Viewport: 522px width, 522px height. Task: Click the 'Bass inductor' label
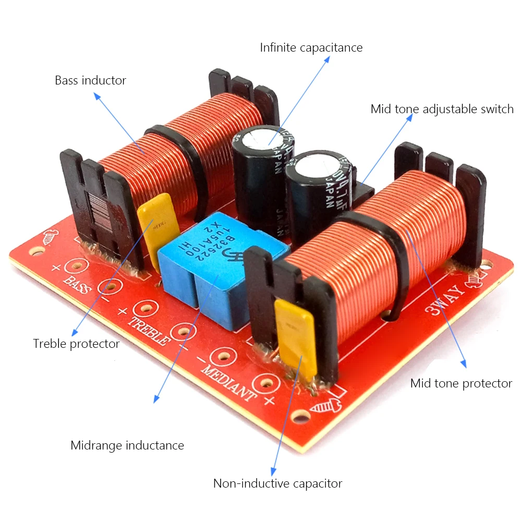(90, 80)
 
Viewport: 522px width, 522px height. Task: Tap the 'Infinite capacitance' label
(311, 47)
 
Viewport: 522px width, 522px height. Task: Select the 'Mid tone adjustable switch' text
(442, 109)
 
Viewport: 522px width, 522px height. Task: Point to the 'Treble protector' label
(76, 344)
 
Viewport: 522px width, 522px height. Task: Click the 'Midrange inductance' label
(127, 445)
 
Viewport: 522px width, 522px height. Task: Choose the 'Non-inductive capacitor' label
(277, 483)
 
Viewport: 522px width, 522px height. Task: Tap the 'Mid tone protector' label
(461, 383)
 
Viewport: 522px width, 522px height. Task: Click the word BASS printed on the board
(77, 284)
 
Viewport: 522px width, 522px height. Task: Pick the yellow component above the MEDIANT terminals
(296, 336)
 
